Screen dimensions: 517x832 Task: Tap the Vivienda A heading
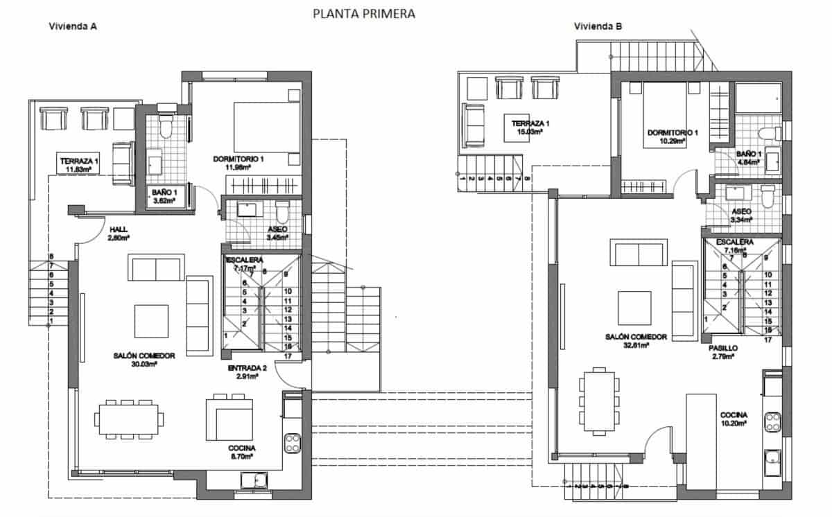(72, 27)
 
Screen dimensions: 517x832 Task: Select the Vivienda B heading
(598, 27)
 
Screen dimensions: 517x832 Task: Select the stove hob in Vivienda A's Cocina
(292, 442)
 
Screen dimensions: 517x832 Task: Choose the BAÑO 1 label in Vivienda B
(749, 155)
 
